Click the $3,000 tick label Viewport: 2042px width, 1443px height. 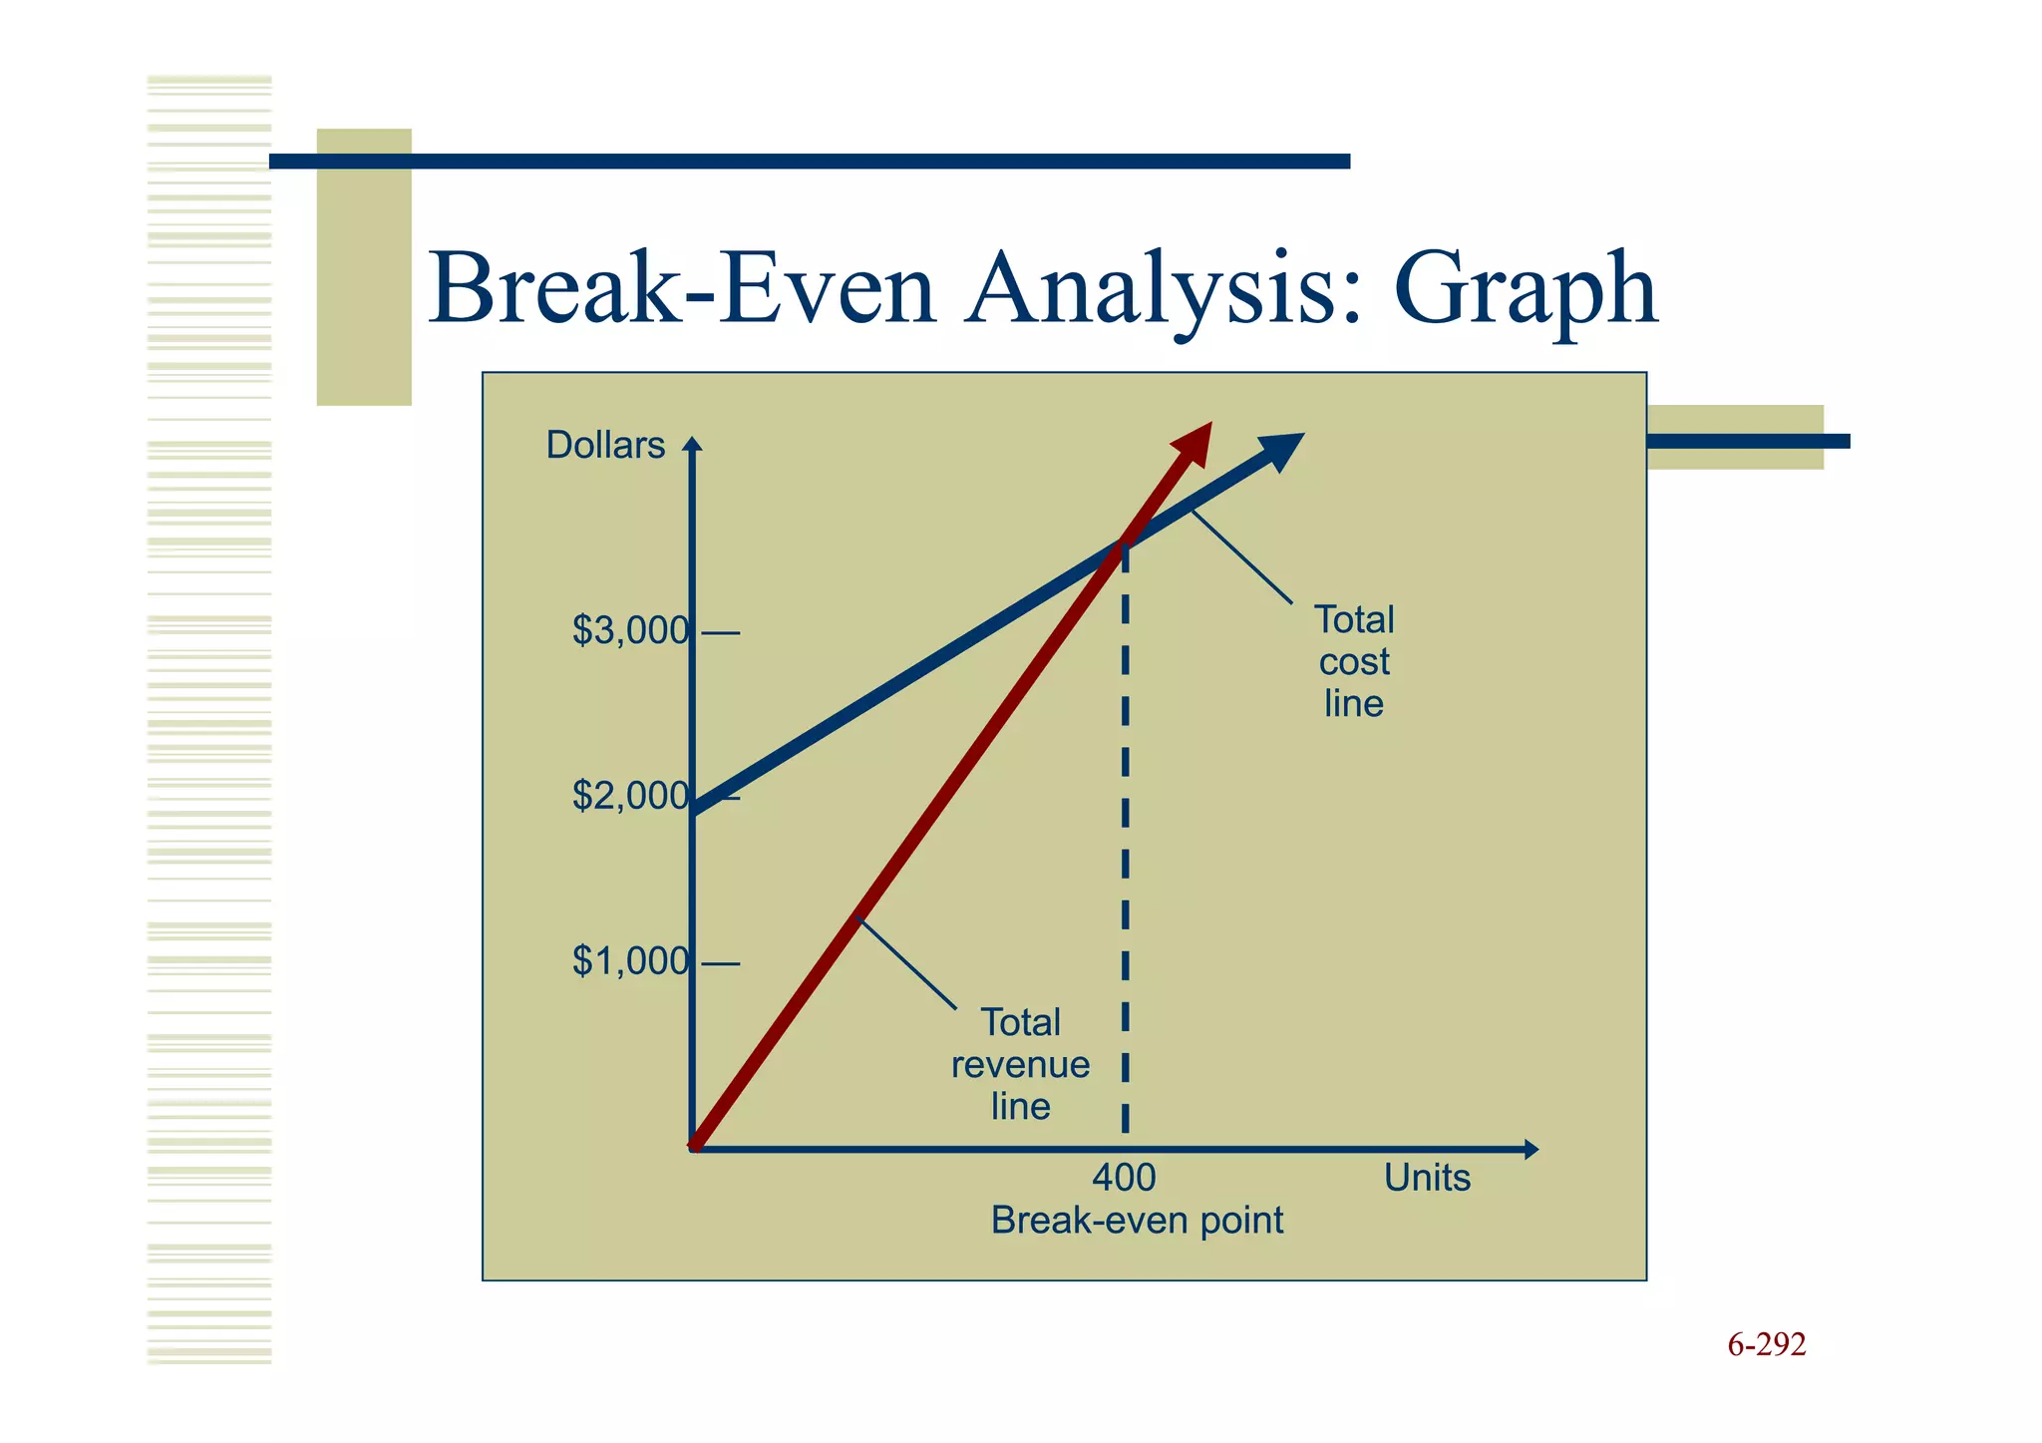coord(630,631)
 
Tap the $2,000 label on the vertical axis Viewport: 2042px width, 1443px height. coord(630,797)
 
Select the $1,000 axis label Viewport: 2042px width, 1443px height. coord(630,962)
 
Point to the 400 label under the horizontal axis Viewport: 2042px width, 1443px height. coord(1124,1179)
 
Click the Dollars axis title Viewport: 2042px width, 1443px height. coord(605,446)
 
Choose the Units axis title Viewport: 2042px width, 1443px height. coord(1427,1179)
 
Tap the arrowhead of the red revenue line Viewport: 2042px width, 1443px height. coord(1195,440)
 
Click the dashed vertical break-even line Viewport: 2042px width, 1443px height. coord(1125,848)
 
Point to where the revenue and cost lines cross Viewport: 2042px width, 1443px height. coord(1124,544)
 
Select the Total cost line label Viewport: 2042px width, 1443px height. coord(1354,662)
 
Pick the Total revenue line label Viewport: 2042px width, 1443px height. coord(1020,1065)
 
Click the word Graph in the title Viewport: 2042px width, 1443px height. coord(1526,289)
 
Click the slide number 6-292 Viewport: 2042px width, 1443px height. coord(1766,1345)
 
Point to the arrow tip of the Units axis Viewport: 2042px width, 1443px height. coord(1534,1150)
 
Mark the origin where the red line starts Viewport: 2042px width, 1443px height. coord(695,1148)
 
